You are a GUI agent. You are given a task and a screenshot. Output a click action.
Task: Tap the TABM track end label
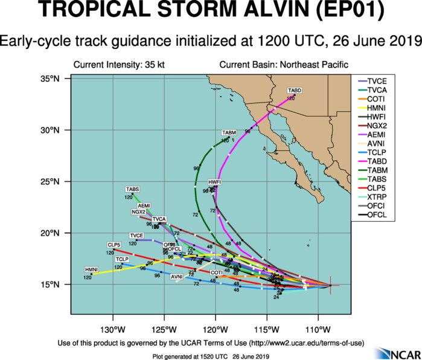pyautogui.click(x=229, y=132)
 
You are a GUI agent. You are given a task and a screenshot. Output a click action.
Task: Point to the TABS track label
pyautogui.click(x=133, y=190)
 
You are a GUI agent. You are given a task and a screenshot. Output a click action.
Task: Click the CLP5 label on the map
pyautogui.click(x=115, y=245)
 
